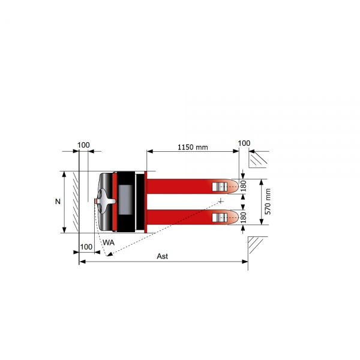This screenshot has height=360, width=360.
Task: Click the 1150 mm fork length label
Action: click(193, 147)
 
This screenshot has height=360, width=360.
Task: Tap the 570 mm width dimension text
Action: click(268, 202)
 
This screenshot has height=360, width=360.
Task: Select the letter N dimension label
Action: click(58, 202)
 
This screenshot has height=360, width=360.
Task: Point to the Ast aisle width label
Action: click(163, 256)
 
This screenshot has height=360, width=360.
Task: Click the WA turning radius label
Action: click(109, 242)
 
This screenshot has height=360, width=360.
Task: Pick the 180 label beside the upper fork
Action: click(243, 186)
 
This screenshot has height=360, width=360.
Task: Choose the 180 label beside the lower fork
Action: click(243, 217)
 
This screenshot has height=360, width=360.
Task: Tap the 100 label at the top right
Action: click(244, 143)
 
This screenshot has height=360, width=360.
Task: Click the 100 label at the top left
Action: click(83, 145)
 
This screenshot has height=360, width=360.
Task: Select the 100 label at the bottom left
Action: click(86, 247)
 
